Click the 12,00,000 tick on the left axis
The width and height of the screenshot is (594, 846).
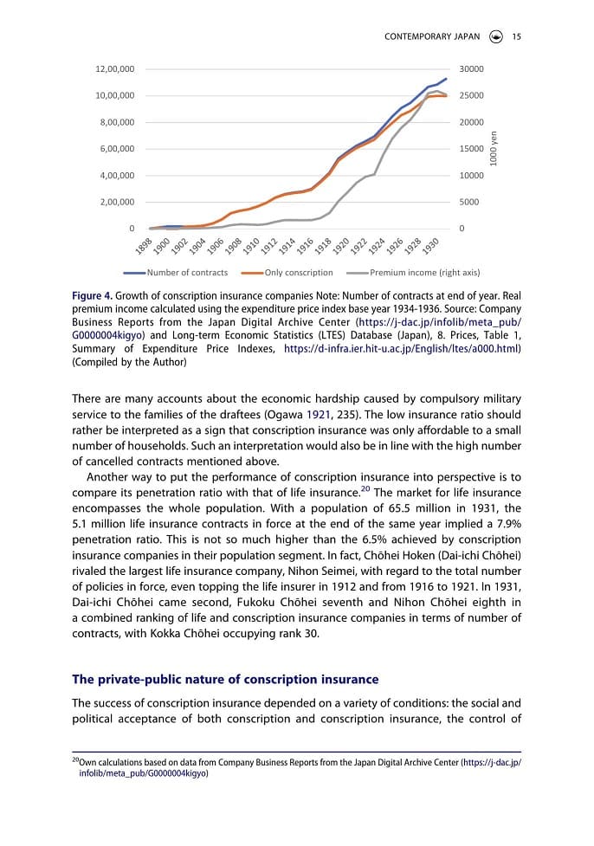[x=114, y=68]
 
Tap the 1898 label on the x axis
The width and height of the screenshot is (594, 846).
[x=145, y=245]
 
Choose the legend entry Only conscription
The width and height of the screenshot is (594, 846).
[x=288, y=273]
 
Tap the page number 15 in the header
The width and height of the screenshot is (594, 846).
[x=516, y=36]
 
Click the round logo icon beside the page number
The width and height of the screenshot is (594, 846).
[x=495, y=36]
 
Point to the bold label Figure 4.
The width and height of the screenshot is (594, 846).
[x=92, y=295]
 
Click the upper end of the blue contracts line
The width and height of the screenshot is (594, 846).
[x=446, y=79]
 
